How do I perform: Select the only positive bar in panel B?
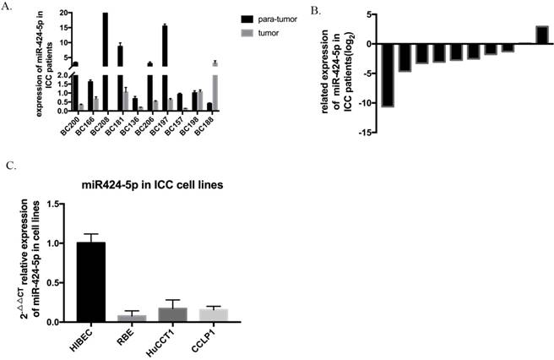pos(541,34)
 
